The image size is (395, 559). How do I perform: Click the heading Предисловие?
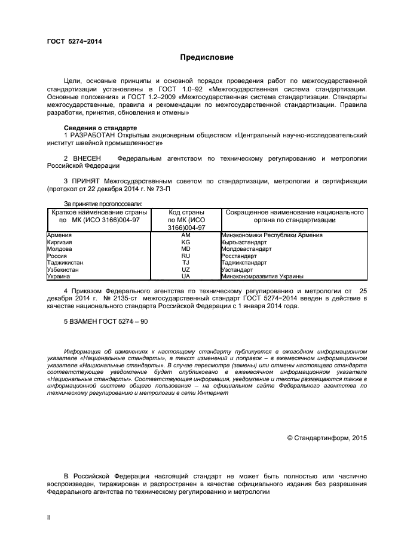[207, 58]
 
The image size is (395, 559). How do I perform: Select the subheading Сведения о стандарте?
[100, 128]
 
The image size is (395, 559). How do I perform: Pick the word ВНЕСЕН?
[90, 158]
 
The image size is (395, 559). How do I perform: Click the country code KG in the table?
[185, 242]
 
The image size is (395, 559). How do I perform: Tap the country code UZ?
[185, 269]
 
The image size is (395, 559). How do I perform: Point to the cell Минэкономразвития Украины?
[262, 277]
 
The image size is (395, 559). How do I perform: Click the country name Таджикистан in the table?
[65, 262]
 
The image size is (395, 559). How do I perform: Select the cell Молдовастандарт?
[246, 249]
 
